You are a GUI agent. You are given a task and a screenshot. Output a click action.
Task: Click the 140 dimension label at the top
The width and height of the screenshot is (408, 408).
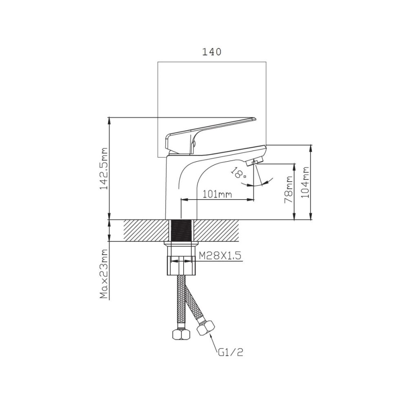(212, 52)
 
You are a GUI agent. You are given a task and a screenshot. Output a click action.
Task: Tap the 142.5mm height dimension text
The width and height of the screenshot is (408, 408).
(104, 169)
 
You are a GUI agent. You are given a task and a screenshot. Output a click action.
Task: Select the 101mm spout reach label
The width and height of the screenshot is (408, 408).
(217, 194)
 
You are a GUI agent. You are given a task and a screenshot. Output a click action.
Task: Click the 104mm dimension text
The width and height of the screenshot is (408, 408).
(306, 182)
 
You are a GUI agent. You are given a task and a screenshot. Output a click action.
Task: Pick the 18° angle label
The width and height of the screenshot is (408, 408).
(239, 173)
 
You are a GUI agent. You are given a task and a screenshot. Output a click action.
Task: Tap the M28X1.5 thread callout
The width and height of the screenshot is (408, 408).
(220, 255)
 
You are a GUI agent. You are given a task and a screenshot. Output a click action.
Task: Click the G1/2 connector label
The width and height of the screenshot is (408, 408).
(230, 352)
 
